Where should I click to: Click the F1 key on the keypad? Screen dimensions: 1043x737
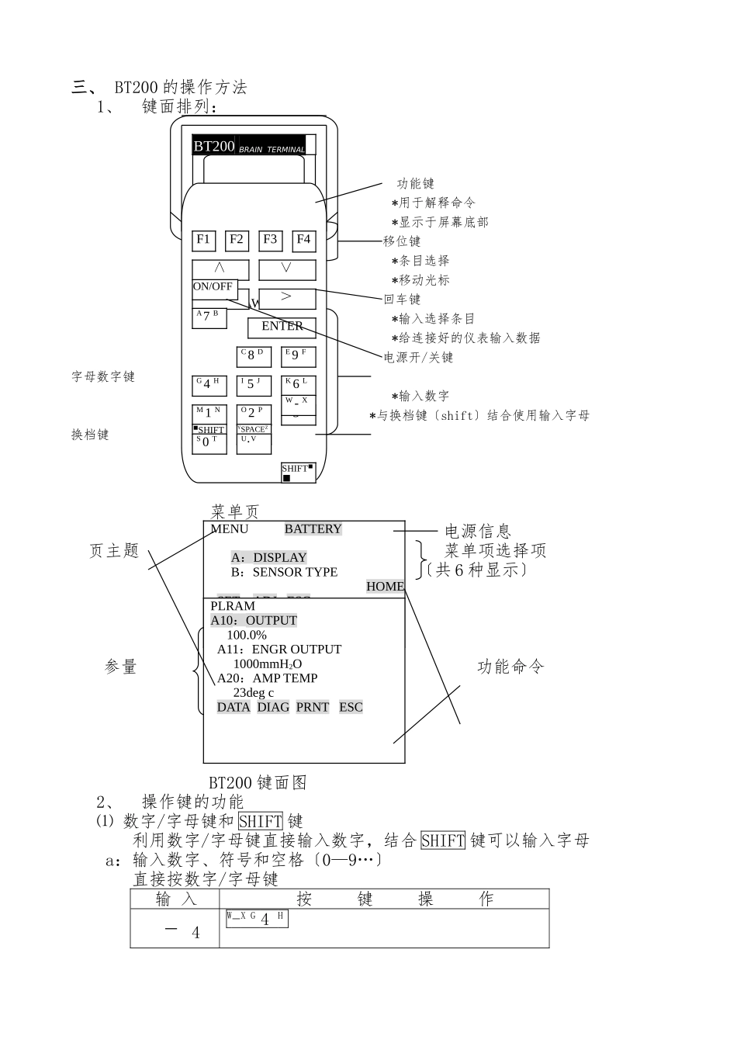pyautogui.click(x=203, y=241)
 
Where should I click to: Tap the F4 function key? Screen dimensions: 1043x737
pyautogui.click(x=303, y=241)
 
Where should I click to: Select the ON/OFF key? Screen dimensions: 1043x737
pyautogui.click(x=213, y=287)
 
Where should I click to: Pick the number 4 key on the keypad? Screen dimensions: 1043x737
pyautogui.click(x=208, y=385)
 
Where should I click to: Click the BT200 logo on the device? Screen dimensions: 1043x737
pyautogui.click(x=214, y=146)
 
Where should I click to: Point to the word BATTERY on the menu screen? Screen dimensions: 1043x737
pyautogui.click(x=313, y=529)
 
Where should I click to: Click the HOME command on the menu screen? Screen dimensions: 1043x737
pyautogui.click(x=385, y=587)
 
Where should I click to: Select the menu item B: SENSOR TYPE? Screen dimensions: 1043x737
pyautogui.click(x=284, y=573)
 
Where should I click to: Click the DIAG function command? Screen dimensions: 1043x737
pyautogui.click(x=272, y=707)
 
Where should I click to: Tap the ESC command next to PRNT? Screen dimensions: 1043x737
pyautogui.click(x=351, y=707)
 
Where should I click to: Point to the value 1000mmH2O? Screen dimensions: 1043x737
pyautogui.click(x=268, y=664)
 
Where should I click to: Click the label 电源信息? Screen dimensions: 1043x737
pyautogui.click(x=478, y=532)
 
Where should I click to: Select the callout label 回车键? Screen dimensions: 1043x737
pyautogui.click(x=402, y=300)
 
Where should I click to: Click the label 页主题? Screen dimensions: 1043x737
pyautogui.click(x=114, y=551)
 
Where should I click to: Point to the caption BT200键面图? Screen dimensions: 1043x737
pyautogui.click(x=258, y=782)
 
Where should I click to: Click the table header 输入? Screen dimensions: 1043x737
pyautogui.click(x=176, y=899)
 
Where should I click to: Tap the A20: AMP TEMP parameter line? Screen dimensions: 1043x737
pyautogui.click(x=267, y=678)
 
